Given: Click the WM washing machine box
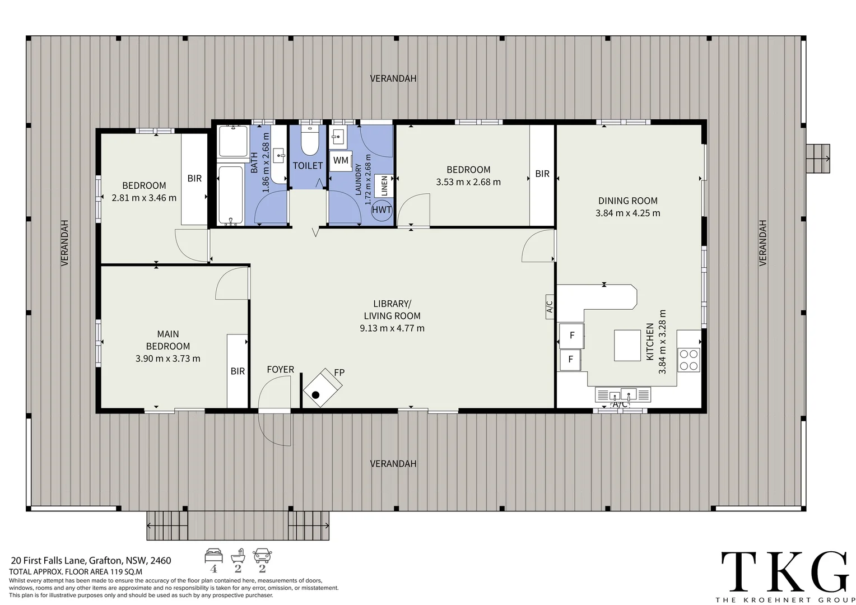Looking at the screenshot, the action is [x=341, y=161].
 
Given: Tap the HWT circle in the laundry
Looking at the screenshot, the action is [x=382, y=210].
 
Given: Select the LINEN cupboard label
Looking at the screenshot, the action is [x=384, y=186].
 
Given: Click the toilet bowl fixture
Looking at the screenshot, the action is [x=310, y=141].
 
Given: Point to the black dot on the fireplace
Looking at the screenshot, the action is [x=315, y=395].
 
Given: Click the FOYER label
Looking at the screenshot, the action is [x=281, y=370].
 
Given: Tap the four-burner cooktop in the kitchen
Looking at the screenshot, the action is [x=689, y=360].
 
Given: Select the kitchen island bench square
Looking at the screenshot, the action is [x=627, y=346].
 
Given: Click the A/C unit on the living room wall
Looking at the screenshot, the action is [x=550, y=306].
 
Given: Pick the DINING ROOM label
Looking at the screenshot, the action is [x=628, y=201].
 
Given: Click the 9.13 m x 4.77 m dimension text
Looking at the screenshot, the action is [x=392, y=328].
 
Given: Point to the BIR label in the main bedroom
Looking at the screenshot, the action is [x=238, y=371].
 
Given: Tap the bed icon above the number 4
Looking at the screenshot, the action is [x=213, y=555].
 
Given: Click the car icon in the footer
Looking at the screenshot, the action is [x=262, y=556].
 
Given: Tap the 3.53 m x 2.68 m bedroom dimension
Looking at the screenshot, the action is [x=468, y=182].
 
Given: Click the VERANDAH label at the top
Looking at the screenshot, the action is [x=393, y=78].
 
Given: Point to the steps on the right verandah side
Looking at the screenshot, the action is [x=818, y=159].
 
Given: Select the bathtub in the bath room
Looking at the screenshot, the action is [x=230, y=195].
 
